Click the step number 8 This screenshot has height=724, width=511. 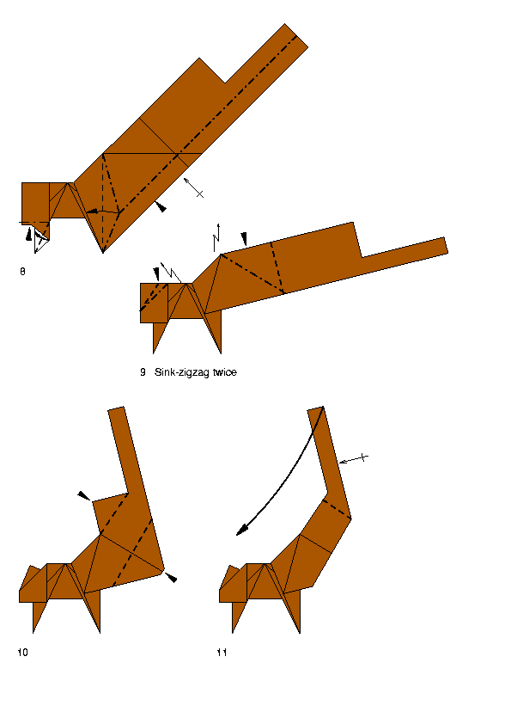click(x=22, y=272)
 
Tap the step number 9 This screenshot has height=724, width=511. click(x=143, y=372)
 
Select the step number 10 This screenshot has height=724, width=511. click(x=22, y=653)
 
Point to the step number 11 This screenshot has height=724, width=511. click(x=222, y=653)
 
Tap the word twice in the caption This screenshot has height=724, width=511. click(x=225, y=372)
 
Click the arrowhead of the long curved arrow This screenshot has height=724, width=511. click(x=241, y=531)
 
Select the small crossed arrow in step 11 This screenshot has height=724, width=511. click(x=354, y=459)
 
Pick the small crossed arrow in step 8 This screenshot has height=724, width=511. click(x=194, y=187)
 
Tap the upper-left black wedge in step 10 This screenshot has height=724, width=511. click(x=84, y=496)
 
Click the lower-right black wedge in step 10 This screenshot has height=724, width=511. click(x=171, y=577)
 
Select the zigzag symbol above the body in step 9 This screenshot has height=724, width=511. click(x=216, y=238)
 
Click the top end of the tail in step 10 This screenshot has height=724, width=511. click(x=116, y=408)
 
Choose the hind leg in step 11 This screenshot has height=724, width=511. click(x=294, y=610)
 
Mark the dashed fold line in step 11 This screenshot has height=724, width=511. click(x=337, y=509)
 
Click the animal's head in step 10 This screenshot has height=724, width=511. click(x=33, y=584)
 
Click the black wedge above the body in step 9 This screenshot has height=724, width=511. click(x=244, y=239)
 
